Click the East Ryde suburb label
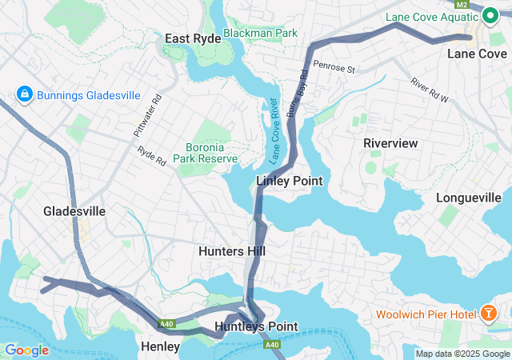(193, 38)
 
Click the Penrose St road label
(334, 67)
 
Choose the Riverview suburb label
(390, 142)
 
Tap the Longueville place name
(473, 198)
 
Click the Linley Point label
(289, 181)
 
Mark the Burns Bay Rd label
(299, 97)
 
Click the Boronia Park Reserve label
(211, 153)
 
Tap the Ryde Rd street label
(150, 155)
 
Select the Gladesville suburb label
(74, 211)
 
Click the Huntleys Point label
(256, 326)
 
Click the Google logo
(27, 350)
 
